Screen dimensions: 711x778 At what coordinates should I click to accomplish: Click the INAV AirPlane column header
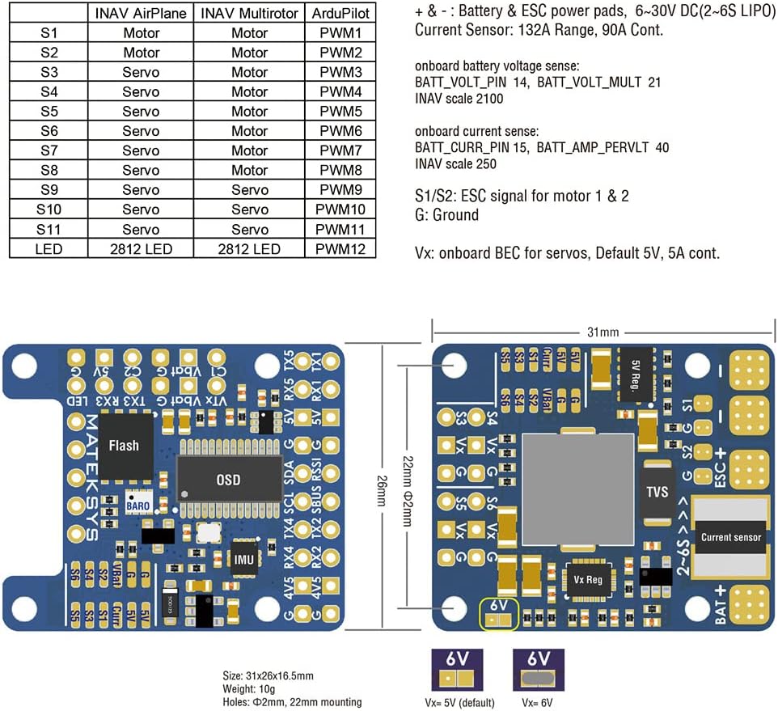(141, 14)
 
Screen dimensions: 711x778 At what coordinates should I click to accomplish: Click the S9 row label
(48, 190)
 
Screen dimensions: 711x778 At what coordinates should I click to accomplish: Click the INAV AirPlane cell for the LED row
(141, 249)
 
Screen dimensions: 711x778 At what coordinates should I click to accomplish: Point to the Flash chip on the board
(124, 446)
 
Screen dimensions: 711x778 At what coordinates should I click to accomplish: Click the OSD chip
(228, 480)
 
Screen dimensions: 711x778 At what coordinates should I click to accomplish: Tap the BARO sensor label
(136, 503)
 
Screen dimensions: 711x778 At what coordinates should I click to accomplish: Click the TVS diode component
(658, 491)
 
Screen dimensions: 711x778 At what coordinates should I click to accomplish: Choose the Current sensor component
(731, 537)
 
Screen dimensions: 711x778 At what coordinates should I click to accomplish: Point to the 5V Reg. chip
(635, 373)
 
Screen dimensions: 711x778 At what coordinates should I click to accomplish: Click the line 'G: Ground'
(446, 215)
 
